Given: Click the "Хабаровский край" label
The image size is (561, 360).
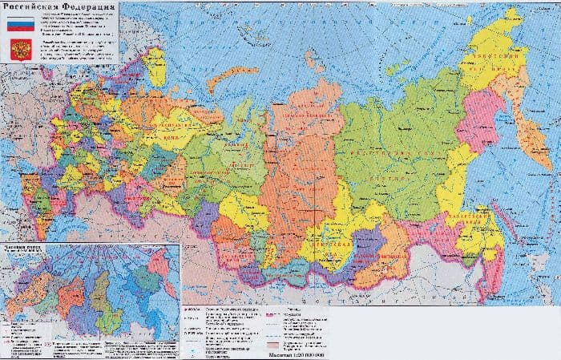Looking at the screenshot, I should (x=473, y=216).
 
